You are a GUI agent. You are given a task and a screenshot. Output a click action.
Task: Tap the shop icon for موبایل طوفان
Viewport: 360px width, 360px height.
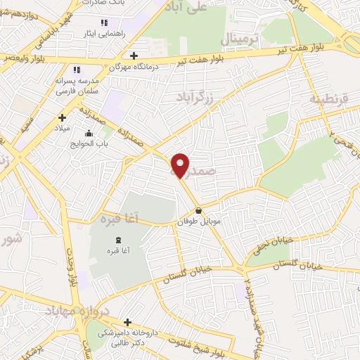coord(199,210)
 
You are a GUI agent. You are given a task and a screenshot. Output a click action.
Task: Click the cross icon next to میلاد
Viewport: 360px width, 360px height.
coord(62,118)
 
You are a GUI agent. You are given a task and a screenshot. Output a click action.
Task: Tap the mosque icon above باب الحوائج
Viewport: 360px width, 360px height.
coord(89,134)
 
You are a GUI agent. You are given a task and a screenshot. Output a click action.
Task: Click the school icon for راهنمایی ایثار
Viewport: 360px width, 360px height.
coord(104,24)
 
